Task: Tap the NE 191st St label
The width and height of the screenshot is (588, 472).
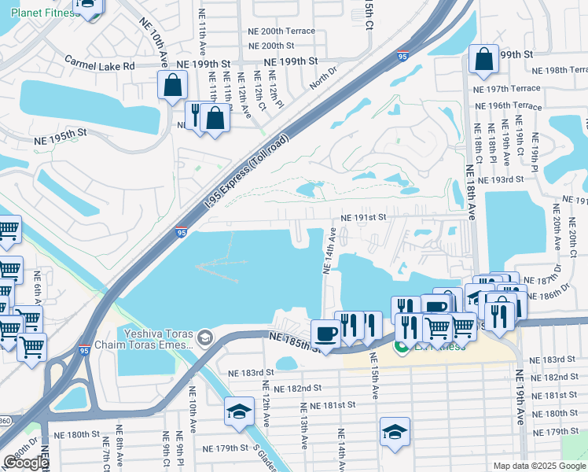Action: (x=363, y=218)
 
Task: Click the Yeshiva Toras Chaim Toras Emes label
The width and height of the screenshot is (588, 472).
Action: (x=154, y=338)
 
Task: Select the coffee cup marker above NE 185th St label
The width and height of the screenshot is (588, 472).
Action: (x=325, y=333)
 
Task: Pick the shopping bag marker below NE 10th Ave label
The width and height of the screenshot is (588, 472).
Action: (x=172, y=85)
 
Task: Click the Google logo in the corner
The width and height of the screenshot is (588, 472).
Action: (x=26, y=463)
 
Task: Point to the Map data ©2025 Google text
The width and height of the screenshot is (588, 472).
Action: (x=539, y=466)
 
